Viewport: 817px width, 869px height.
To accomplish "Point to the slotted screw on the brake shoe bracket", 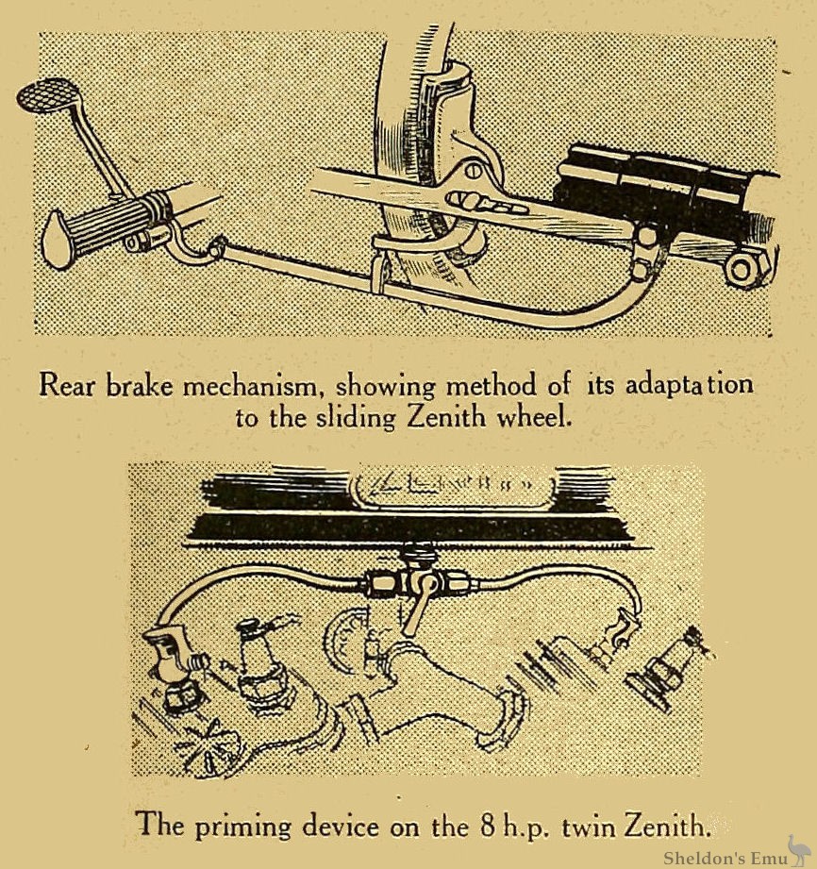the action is pyautogui.click(x=474, y=171).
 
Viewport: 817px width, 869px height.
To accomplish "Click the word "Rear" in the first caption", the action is pyautogui.click(x=67, y=385).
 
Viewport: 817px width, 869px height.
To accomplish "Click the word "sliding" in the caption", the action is pyautogui.click(x=356, y=418).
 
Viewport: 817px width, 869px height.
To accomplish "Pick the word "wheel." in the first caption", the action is pyautogui.click(x=534, y=417).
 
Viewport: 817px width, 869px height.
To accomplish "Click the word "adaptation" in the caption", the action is pyautogui.click(x=689, y=385).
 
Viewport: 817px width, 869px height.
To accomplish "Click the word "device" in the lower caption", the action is pyautogui.click(x=341, y=827).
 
